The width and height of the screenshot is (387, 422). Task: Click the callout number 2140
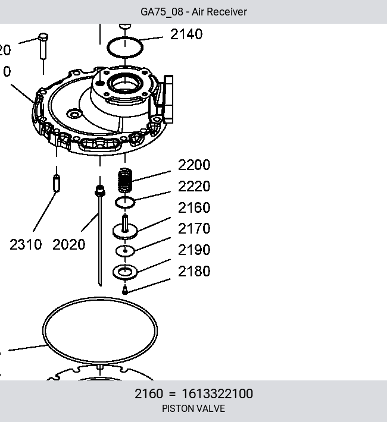point(186,34)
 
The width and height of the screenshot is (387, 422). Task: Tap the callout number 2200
point(194,165)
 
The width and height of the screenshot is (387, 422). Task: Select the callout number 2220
point(194,186)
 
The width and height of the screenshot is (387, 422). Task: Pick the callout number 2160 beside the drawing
point(194,207)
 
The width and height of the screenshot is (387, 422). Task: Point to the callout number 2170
point(194,228)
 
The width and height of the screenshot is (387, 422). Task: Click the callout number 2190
point(194,250)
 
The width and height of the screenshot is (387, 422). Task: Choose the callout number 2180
point(194,271)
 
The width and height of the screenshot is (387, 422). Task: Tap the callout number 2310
point(26,245)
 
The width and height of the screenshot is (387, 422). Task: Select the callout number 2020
point(69,245)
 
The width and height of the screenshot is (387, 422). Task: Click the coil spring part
point(125,180)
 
